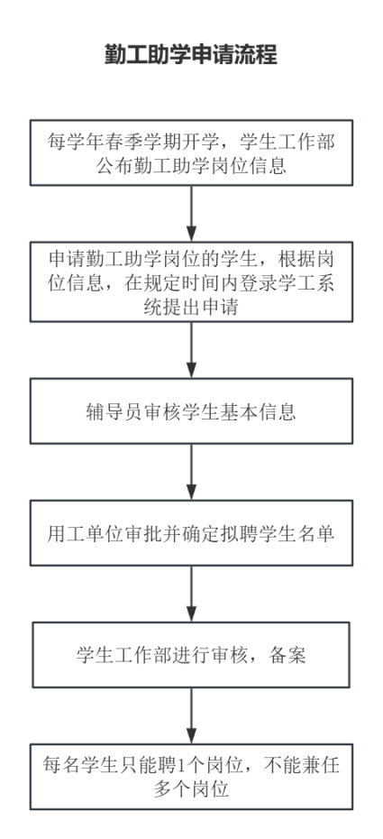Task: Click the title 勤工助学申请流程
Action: [x=191, y=54]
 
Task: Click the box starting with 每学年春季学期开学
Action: [x=191, y=152]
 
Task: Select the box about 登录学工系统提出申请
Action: [x=191, y=281]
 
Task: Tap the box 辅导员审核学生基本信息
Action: [x=191, y=411]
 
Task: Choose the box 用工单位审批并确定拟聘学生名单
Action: [x=191, y=533]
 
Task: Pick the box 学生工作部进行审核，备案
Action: [x=191, y=654]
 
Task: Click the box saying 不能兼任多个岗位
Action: [x=191, y=777]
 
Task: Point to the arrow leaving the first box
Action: [x=191, y=214]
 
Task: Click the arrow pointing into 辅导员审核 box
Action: [x=191, y=350]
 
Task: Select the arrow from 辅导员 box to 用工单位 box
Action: [x=191, y=472]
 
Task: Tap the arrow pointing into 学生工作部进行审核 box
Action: [x=191, y=594]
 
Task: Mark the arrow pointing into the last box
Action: [x=191, y=715]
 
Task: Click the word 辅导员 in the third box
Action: [x=109, y=411]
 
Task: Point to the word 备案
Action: [x=287, y=655]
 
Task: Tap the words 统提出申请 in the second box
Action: [x=191, y=307]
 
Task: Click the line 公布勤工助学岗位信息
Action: [x=191, y=165]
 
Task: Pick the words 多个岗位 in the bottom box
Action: [x=191, y=789]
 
